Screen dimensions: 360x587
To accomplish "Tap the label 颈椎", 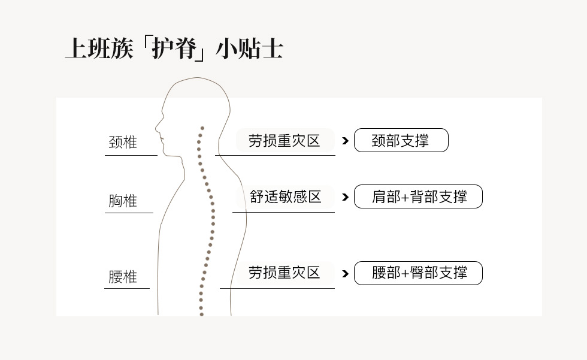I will click(123, 143).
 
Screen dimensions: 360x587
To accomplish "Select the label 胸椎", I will click(123, 201).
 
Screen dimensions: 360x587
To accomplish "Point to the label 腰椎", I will click(123, 277).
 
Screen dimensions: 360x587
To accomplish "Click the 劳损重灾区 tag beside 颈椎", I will click(284, 141).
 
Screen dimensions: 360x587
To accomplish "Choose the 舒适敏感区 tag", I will click(286, 196).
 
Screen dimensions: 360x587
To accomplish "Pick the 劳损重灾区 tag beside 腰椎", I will click(285, 273).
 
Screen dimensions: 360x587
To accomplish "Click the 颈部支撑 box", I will click(401, 141).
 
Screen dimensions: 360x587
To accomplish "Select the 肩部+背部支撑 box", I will click(418, 196).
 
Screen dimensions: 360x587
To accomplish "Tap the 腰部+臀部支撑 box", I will click(418, 273).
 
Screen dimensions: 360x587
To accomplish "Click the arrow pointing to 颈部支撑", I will click(345, 141).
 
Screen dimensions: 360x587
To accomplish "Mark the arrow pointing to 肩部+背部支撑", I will click(345, 196).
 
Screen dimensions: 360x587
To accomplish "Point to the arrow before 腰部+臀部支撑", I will click(345, 274).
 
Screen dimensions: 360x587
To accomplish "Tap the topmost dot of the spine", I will click(202, 128).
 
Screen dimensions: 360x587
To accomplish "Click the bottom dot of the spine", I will click(201, 314).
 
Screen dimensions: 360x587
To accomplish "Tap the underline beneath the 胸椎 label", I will click(129, 213).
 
